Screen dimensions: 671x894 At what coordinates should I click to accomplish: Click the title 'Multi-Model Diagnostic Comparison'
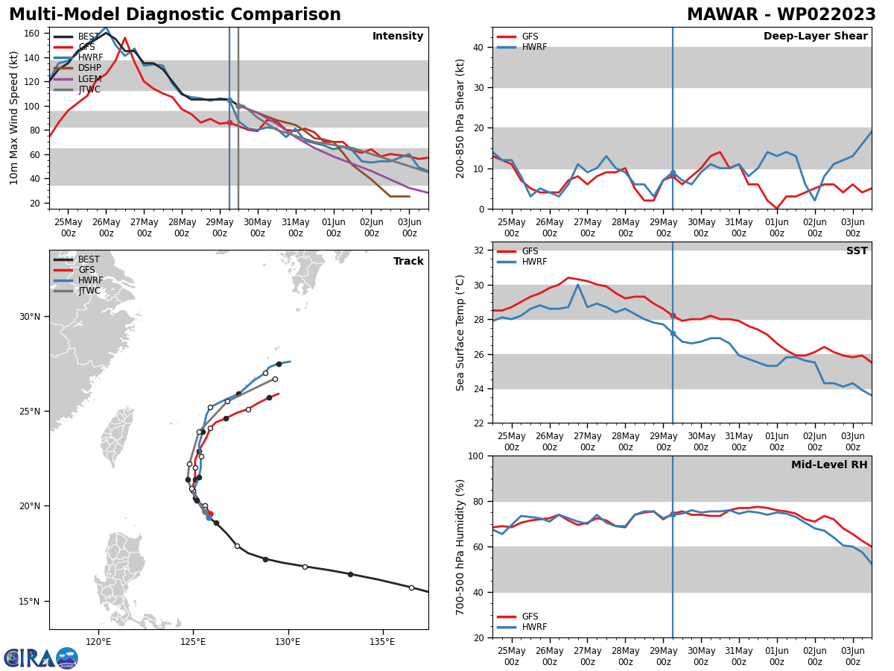click(174, 15)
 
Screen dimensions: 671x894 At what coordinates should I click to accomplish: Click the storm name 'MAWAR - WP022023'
click(781, 15)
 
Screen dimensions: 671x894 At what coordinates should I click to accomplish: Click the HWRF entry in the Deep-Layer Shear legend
click(534, 47)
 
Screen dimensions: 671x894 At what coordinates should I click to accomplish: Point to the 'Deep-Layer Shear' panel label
click(815, 37)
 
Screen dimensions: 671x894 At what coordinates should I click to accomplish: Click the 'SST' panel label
click(857, 251)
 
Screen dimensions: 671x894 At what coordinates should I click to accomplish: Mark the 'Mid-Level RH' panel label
click(829, 465)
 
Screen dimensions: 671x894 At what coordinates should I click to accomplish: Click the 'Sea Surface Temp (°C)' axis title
click(461, 333)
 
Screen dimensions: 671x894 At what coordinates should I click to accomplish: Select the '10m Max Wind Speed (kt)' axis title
click(14, 118)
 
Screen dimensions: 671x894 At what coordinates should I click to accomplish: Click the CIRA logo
click(41, 658)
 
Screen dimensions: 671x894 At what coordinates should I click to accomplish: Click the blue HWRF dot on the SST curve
click(673, 333)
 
